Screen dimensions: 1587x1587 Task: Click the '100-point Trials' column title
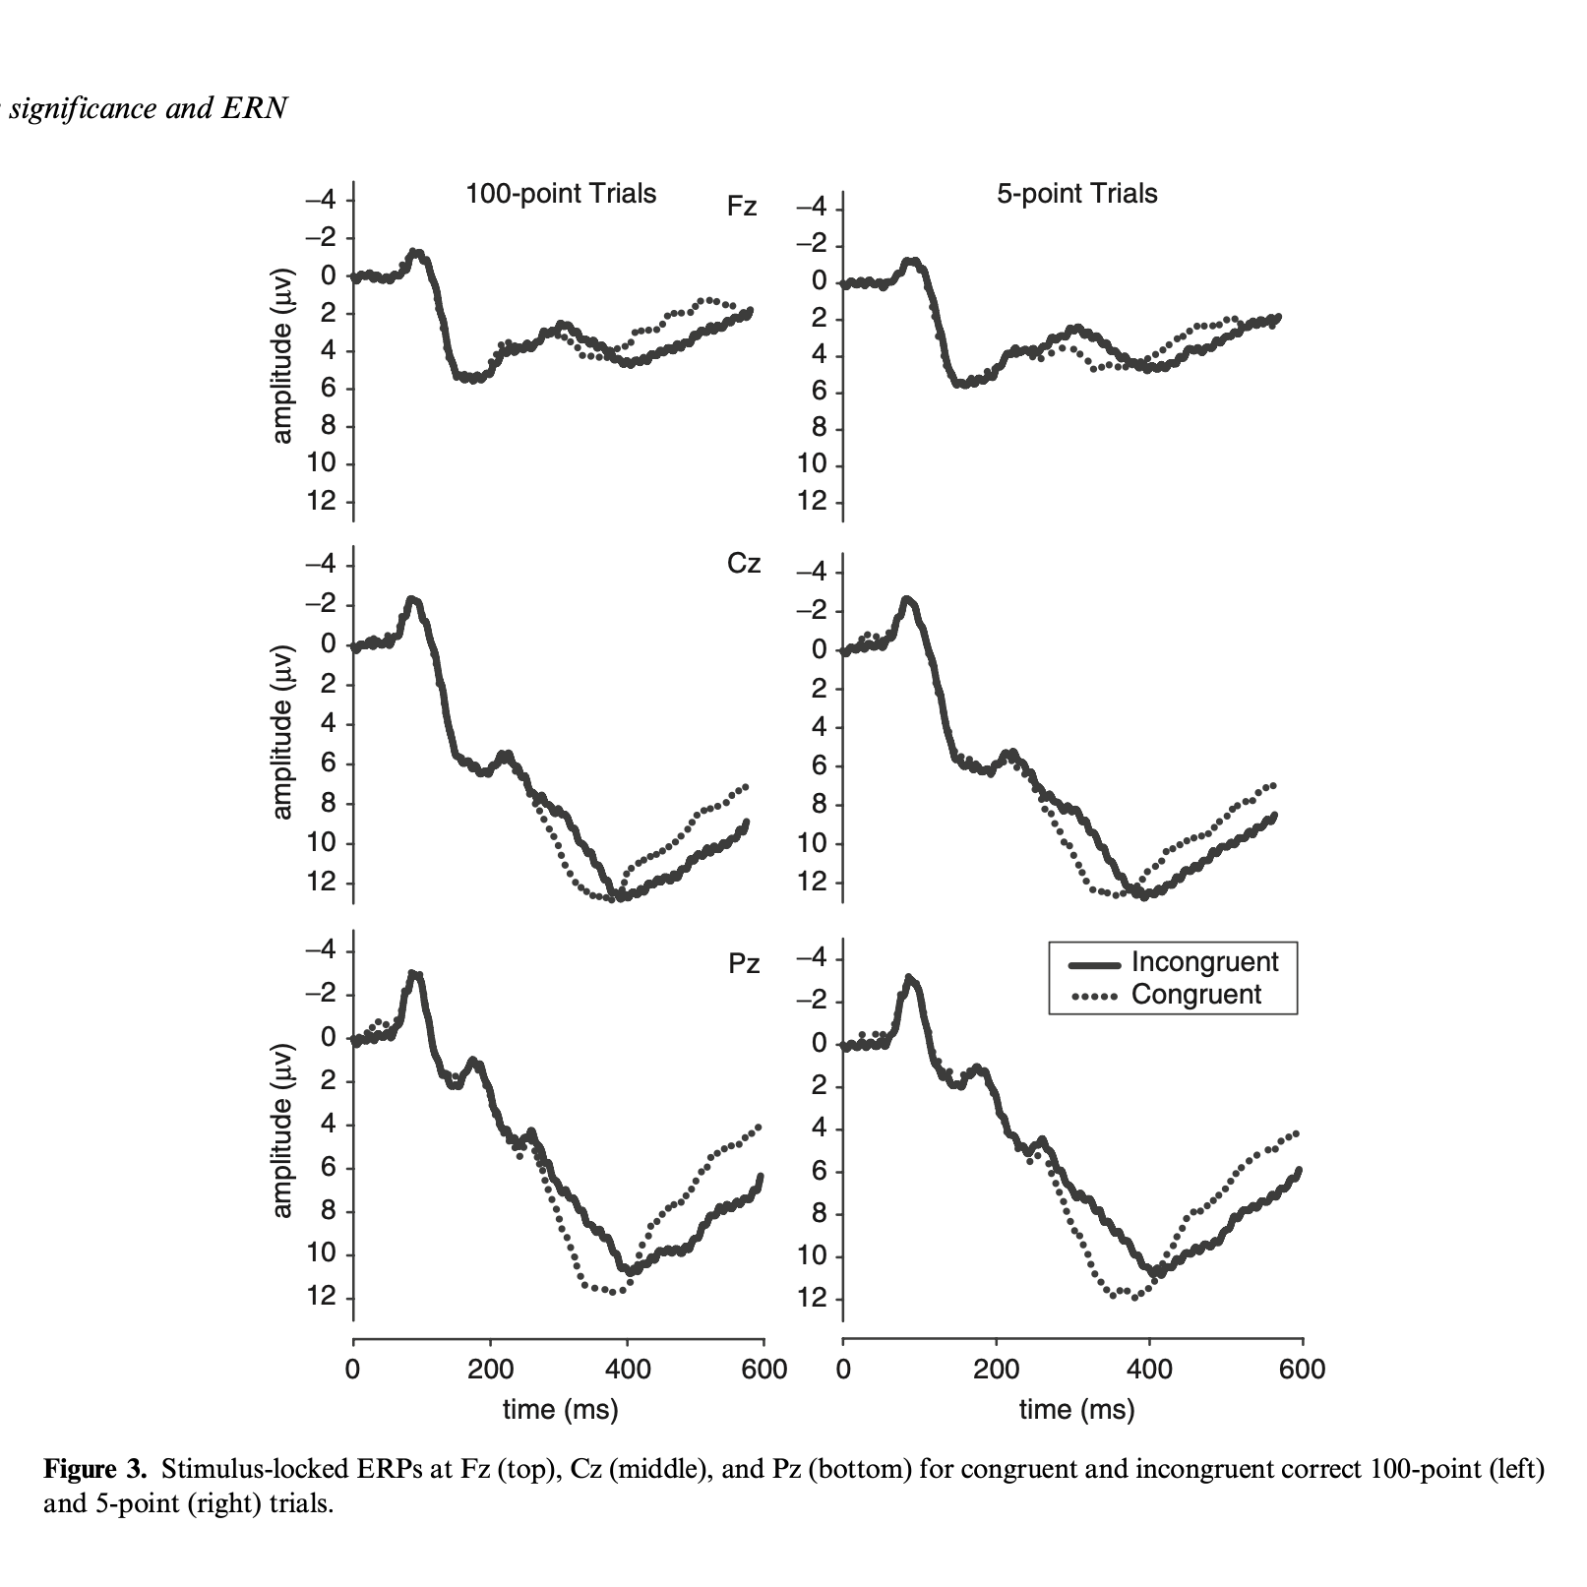(x=560, y=193)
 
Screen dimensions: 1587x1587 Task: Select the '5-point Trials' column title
(x=1076, y=193)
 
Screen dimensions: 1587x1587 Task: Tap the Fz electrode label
(x=741, y=207)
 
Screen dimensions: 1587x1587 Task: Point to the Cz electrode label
(x=743, y=564)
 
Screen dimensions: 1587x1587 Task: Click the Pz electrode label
(x=744, y=964)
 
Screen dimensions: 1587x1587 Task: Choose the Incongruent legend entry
(x=1204, y=962)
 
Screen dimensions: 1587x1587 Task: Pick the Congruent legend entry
(x=1195, y=995)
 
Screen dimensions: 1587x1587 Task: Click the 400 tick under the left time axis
(x=628, y=1369)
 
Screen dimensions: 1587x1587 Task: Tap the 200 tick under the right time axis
(x=997, y=1369)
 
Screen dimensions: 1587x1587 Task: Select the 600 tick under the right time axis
(x=1302, y=1369)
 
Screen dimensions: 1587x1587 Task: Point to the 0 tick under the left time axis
(x=352, y=1369)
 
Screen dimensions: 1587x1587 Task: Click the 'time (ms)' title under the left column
(x=560, y=1410)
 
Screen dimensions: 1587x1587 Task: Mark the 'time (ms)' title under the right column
(x=1076, y=1410)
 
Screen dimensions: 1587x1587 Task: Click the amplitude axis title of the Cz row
(x=282, y=732)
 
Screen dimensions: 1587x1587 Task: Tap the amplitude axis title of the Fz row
(x=282, y=355)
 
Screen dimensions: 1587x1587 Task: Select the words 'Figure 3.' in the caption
(x=94, y=1470)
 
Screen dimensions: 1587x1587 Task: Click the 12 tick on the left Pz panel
(x=322, y=1297)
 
